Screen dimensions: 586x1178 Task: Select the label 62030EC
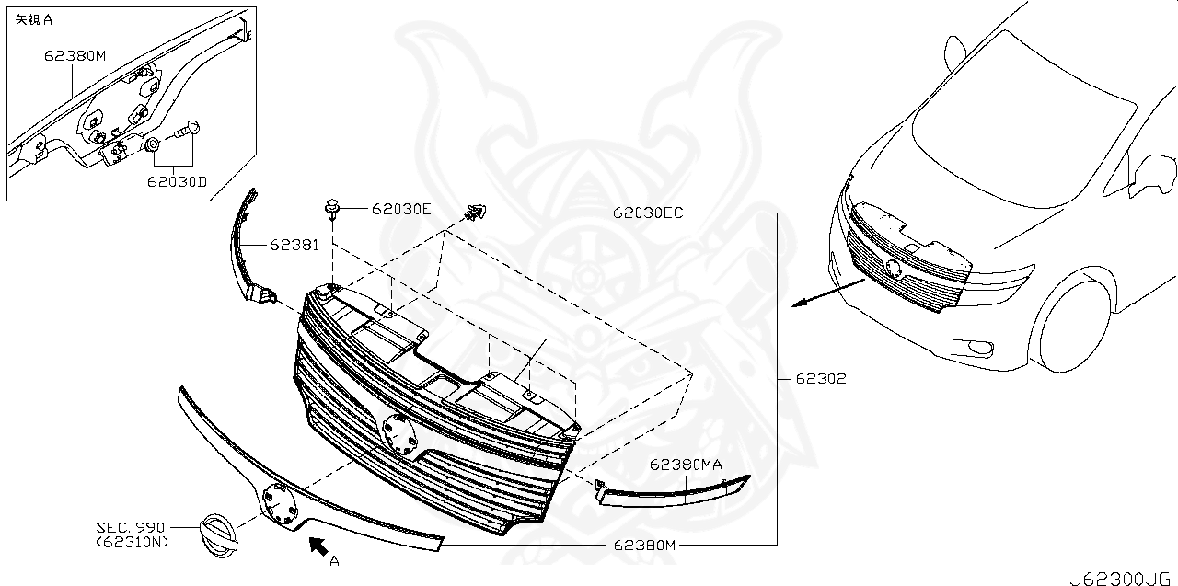pos(648,213)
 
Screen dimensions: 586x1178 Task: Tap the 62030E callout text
pos(401,209)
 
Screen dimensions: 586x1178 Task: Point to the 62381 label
pos(294,246)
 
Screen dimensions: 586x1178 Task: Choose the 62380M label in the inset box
pos(75,55)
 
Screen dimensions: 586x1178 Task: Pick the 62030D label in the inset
pos(176,181)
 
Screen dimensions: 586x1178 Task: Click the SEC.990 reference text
pos(131,528)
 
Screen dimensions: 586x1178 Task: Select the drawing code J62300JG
pos(1117,578)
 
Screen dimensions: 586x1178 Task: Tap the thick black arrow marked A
pos(318,546)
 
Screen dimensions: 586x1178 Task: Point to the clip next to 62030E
pos(332,211)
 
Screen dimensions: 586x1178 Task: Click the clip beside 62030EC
pos(474,213)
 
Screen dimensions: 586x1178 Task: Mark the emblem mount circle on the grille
pos(398,434)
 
